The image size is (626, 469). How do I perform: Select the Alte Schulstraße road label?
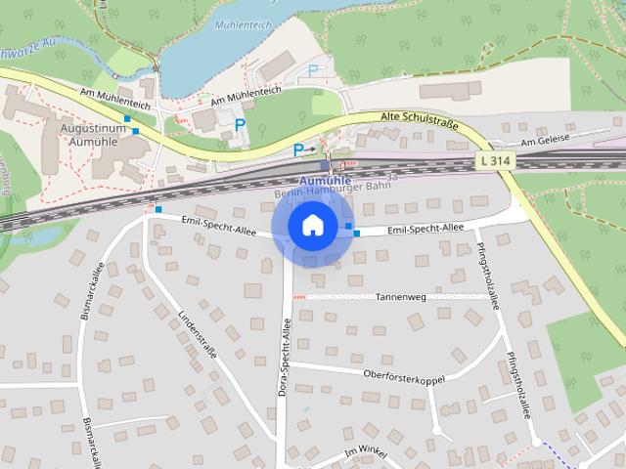click(421, 119)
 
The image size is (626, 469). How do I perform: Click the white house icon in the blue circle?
click(312, 225)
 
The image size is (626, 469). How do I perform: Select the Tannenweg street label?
click(398, 295)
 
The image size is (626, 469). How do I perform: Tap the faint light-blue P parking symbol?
click(313, 70)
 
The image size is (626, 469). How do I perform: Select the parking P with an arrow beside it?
click(299, 149)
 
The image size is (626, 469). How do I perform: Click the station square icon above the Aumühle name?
click(325, 165)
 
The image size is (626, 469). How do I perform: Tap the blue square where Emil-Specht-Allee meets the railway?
click(158, 209)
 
